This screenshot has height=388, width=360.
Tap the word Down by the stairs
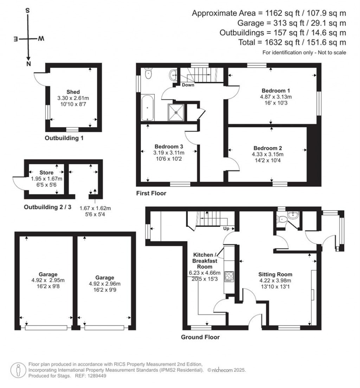pos(188,85)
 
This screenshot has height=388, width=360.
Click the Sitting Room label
pos(275,274)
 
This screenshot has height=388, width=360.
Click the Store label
pos(46,173)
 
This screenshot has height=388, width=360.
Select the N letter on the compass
pos(29,64)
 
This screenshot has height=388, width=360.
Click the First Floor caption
pos(151,193)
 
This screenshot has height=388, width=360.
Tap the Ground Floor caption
pos(200,337)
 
